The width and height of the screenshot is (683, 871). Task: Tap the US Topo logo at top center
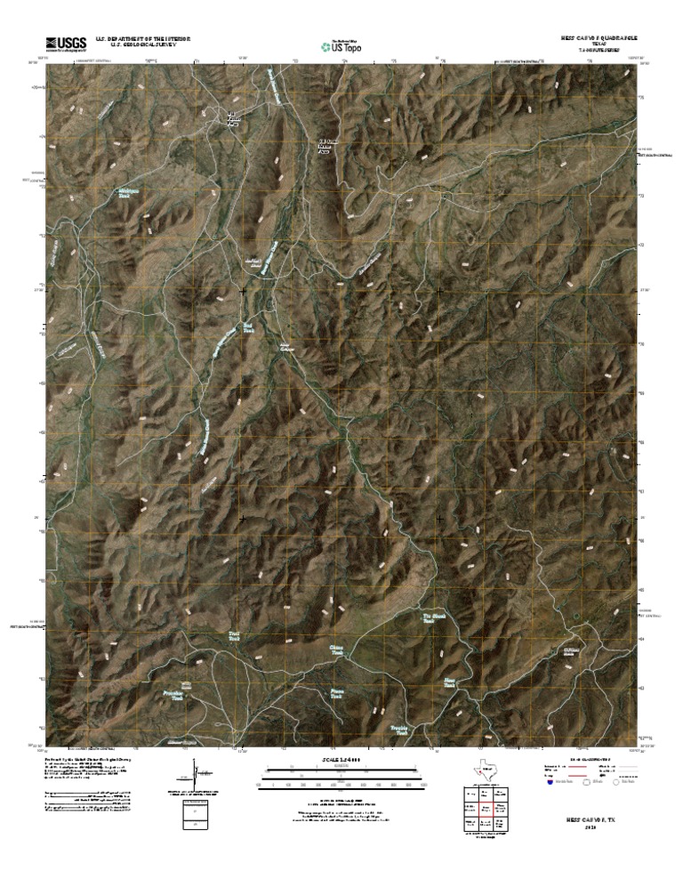click(x=341, y=45)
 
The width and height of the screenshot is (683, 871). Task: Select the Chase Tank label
click(x=336, y=650)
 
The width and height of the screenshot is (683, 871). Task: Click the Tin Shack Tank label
click(x=433, y=617)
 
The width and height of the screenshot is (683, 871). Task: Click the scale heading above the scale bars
click(x=341, y=759)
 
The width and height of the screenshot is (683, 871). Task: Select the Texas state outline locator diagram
click(x=480, y=773)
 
